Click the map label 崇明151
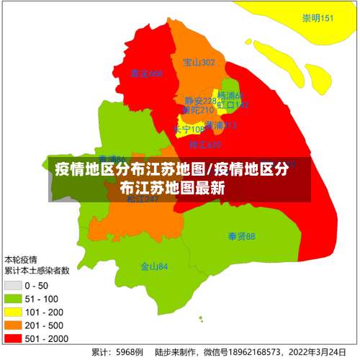[x=318, y=19]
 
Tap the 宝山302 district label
[x=199, y=63]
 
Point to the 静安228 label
[x=199, y=101]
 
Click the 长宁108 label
[x=189, y=130]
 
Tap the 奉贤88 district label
[x=241, y=236]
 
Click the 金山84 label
[x=154, y=266]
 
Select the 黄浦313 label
[x=220, y=125]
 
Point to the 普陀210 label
[x=197, y=110]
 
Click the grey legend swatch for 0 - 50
[x=13, y=286]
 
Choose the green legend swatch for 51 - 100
[x=13, y=299]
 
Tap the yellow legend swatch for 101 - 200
[x=13, y=312]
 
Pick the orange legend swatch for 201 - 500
[x=13, y=325]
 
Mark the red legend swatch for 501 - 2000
[x=13, y=338]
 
